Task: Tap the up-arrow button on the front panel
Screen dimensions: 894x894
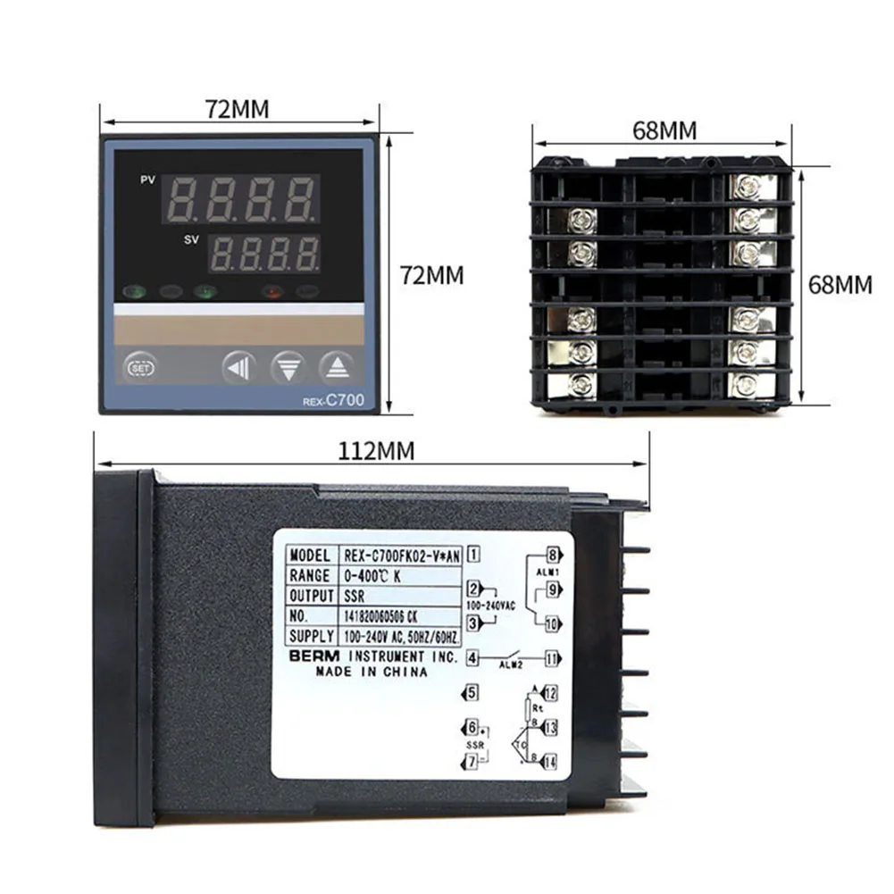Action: (337, 366)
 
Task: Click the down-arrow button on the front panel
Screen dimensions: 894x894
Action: (288, 366)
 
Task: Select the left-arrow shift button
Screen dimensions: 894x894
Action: (238, 366)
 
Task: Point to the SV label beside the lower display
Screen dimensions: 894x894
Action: (191, 240)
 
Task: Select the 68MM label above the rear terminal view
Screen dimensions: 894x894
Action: (664, 130)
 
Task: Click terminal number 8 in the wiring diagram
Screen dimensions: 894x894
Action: (553, 553)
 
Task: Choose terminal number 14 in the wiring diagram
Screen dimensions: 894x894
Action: (550, 762)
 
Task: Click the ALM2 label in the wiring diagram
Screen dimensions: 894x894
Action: (512, 664)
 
